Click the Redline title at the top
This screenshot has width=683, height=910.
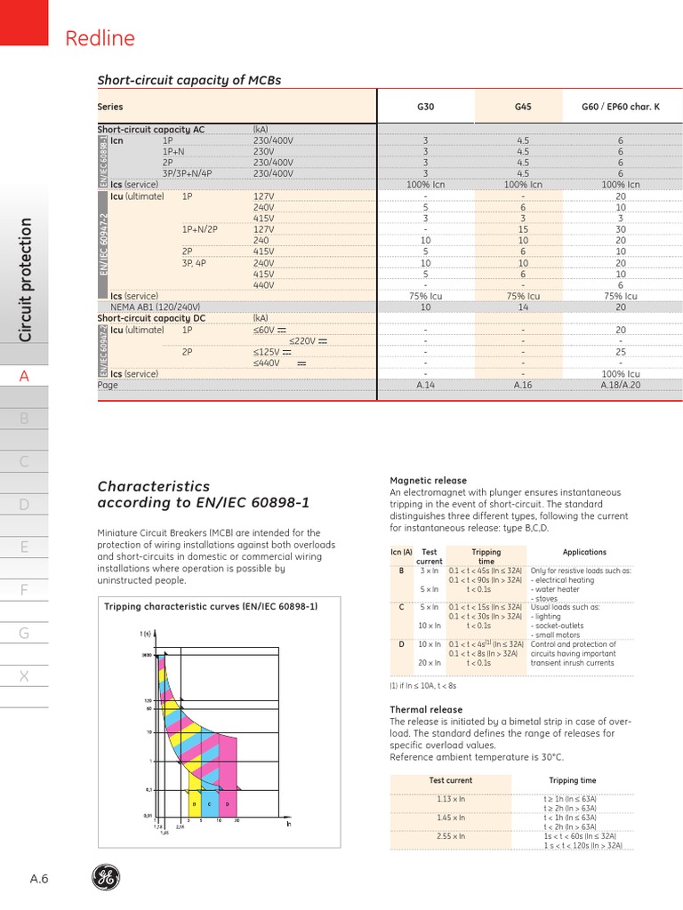point(100,37)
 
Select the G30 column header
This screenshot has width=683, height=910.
point(426,107)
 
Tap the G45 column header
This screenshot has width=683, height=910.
point(523,107)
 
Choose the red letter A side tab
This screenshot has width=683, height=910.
point(25,376)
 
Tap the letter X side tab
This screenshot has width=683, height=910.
point(25,676)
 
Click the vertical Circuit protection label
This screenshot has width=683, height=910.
point(26,280)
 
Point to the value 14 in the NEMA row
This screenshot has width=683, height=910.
point(523,307)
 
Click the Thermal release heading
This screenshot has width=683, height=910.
point(426,710)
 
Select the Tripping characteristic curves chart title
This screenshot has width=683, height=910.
point(211,606)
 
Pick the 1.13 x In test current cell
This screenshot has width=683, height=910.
point(451,799)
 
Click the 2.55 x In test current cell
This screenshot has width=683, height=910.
point(451,836)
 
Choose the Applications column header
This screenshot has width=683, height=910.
point(584,552)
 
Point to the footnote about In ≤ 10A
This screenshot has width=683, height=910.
point(422,685)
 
